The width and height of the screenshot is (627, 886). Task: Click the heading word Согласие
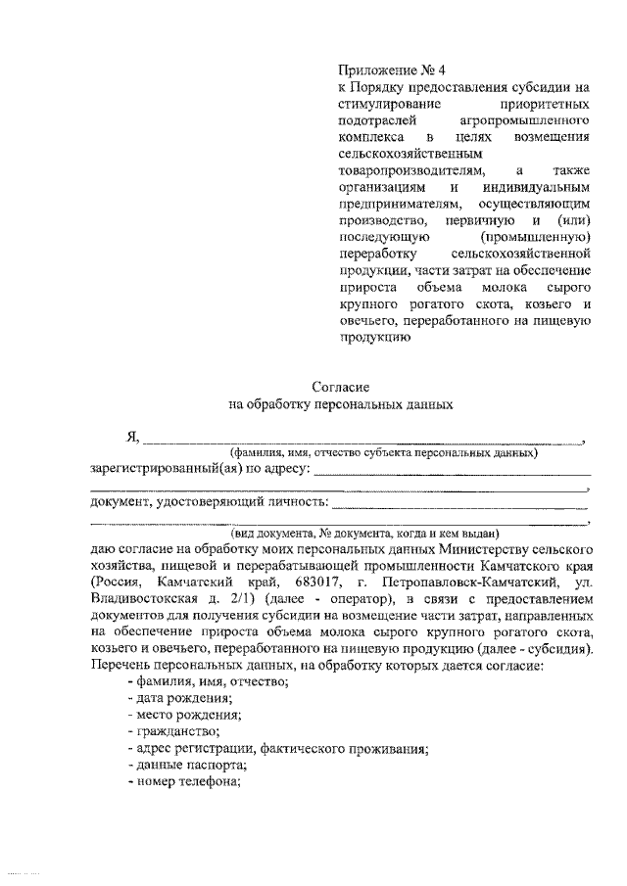point(339,389)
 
